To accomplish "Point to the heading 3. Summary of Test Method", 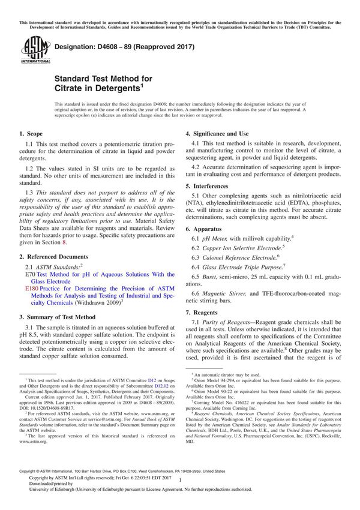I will (57, 317).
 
